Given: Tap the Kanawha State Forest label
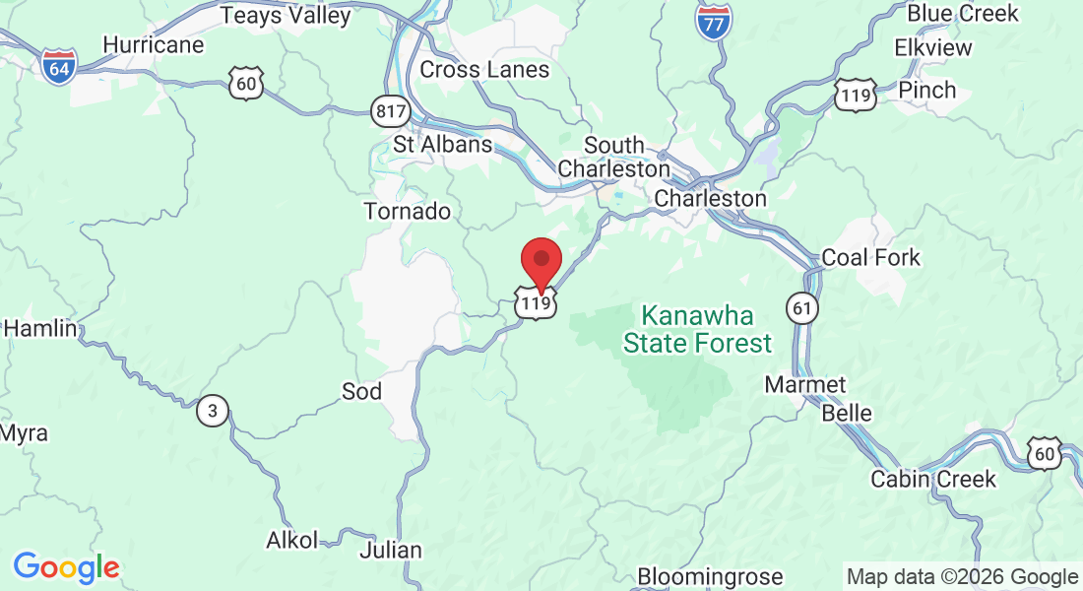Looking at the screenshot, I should (x=697, y=330).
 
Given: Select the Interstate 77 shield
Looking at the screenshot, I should (x=712, y=21).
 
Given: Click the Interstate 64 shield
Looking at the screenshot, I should (x=59, y=67).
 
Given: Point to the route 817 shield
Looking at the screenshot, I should (x=391, y=111).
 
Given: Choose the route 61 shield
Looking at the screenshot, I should (x=802, y=309).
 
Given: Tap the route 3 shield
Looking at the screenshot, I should (x=212, y=410).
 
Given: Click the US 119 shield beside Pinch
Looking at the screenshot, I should (x=853, y=96).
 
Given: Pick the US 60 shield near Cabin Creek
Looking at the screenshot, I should (x=1044, y=452).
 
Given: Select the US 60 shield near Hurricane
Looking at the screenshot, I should (x=245, y=85).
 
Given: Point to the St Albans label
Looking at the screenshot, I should (x=442, y=144).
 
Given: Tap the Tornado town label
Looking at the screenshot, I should (x=407, y=211).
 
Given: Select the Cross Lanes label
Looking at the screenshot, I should (x=484, y=70).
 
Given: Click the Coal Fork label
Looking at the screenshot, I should (x=870, y=258).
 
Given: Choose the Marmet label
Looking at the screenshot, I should (x=804, y=384).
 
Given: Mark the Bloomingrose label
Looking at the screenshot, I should (x=710, y=576).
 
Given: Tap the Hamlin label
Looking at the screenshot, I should (x=40, y=329).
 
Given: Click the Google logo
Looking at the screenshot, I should (x=66, y=568).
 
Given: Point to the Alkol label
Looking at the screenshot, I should (x=292, y=540).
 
